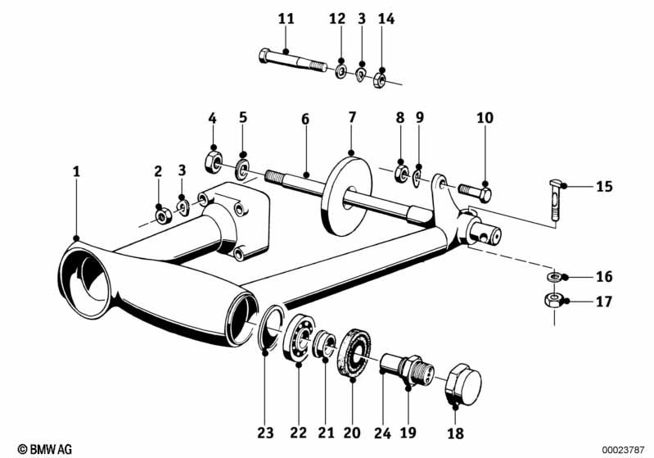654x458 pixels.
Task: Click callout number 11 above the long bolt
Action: [x=285, y=18]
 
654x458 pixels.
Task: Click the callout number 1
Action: [x=76, y=172]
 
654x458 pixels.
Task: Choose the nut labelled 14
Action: [x=380, y=80]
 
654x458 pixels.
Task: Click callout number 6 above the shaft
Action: [x=304, y=119]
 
